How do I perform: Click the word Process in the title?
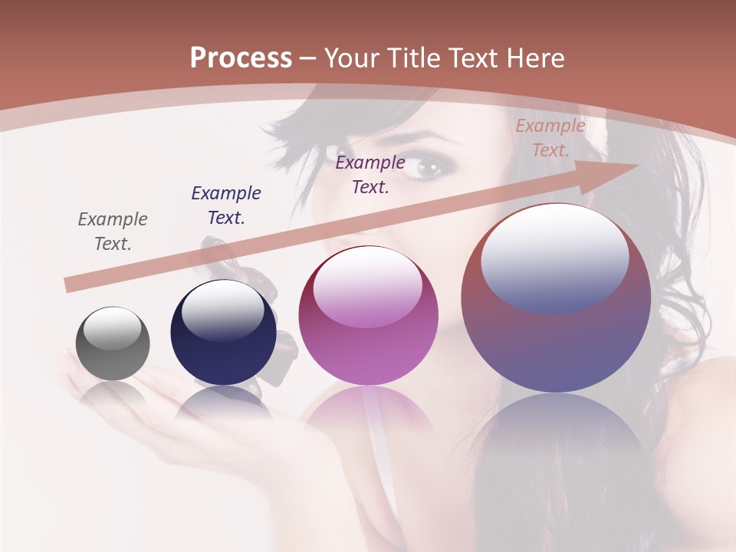pos(241,58)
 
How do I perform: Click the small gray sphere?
pos(113,343)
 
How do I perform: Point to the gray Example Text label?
pos(113,232)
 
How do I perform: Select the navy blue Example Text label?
pos(226,205)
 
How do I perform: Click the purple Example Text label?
pos(370,174)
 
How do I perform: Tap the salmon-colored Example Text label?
pos(550,138)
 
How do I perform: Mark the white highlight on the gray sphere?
pos(113,328)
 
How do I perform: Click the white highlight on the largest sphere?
pos(554,257)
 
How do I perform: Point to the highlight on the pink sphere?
pos(367,287)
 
